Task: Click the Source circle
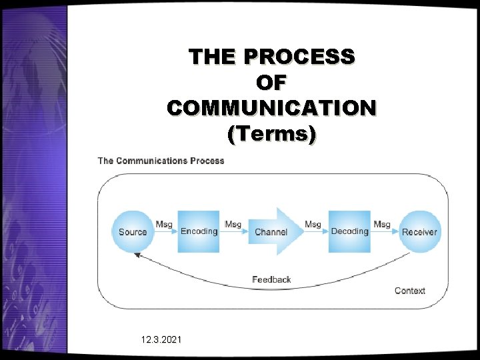pos(133,231)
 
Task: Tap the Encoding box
pos(199,231)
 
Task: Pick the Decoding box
pos(349,231)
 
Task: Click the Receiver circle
pos(419,231)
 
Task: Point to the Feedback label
pos(271,279)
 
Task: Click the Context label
pos(410,291)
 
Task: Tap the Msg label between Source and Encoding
pos(164,225)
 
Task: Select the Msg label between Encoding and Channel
pos(233,225)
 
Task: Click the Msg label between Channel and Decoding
pos(313,225)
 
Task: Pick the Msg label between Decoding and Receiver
pos(382,225)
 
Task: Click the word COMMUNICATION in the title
pos(271,108)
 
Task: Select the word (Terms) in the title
pos(271,134)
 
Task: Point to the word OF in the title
pos(271,83)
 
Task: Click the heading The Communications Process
pos(161,161)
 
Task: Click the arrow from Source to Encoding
pos(165,233)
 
